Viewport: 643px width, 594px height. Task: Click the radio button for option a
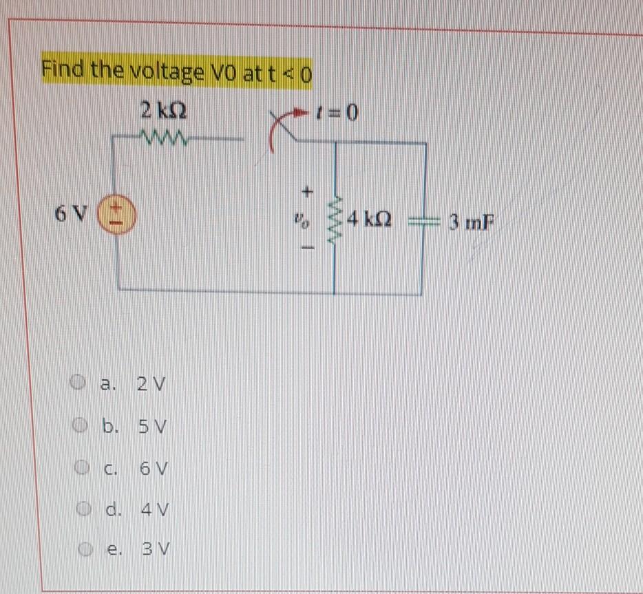point(80,383)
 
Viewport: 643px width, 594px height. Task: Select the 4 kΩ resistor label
point(370,222)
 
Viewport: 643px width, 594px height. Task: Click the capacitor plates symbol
point(423,221)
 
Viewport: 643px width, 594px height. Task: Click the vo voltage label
point(308,222)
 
